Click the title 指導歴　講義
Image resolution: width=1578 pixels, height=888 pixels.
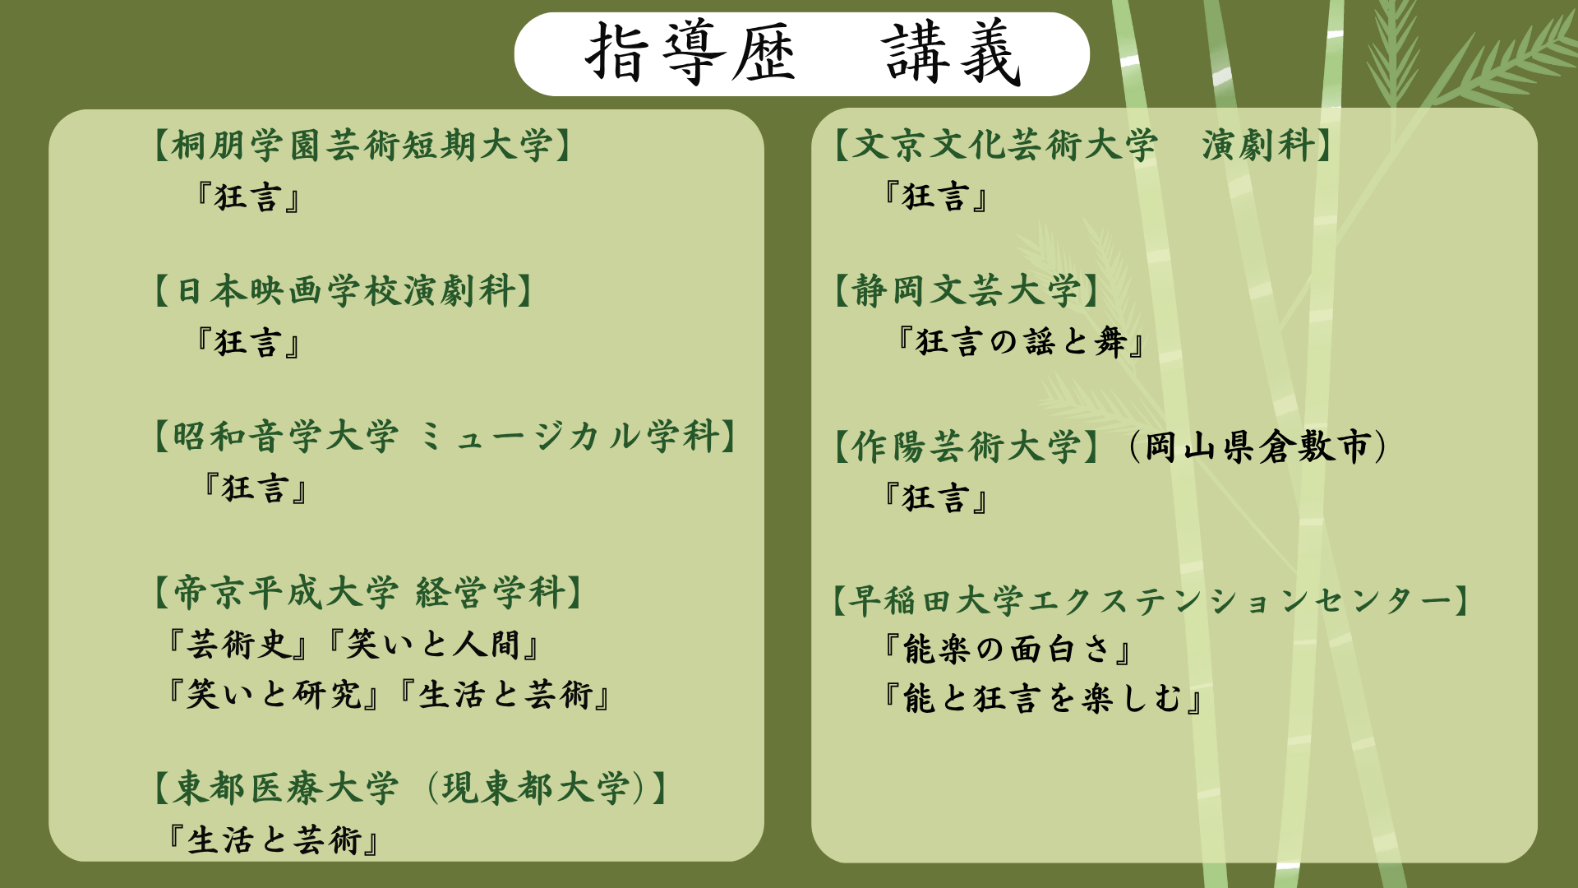point(802,53)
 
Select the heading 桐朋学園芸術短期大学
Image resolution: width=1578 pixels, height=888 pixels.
point(362,146)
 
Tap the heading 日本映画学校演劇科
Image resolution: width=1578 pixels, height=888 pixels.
point(344,291)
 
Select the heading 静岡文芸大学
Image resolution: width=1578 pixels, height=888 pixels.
point(967,291)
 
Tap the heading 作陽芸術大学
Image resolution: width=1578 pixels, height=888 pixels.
point(967,447)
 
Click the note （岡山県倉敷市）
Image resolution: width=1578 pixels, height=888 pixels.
point(1258,447)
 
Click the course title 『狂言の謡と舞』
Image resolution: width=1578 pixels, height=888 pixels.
point(1021,341)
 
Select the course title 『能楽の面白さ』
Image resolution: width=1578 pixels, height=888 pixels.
point(1008,650)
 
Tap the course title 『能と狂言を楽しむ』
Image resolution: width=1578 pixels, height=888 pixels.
point(1043,699)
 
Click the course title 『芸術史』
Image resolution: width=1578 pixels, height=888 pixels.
point(238,645)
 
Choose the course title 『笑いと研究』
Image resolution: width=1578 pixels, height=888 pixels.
point(274,695)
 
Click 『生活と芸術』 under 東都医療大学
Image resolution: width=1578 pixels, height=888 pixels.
point(274,840)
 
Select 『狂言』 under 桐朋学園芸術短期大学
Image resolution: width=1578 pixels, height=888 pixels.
point(248,197)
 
